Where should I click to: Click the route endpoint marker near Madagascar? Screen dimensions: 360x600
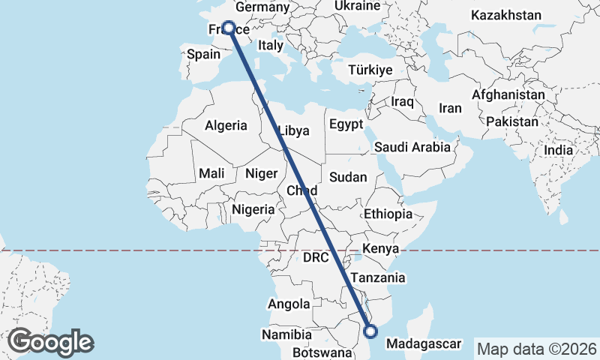369,329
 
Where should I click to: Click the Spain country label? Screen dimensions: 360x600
203,54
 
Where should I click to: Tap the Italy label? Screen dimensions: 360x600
270,45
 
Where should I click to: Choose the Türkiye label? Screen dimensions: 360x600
370,70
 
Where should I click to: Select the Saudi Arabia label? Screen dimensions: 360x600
412,147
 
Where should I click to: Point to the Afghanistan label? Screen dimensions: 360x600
508,95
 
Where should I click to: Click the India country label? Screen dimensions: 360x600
558,150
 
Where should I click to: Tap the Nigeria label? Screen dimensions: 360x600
253,210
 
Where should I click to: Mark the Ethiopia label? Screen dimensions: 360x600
388,214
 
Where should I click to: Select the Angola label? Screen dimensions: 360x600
288,304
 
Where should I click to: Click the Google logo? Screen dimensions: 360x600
50,341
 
